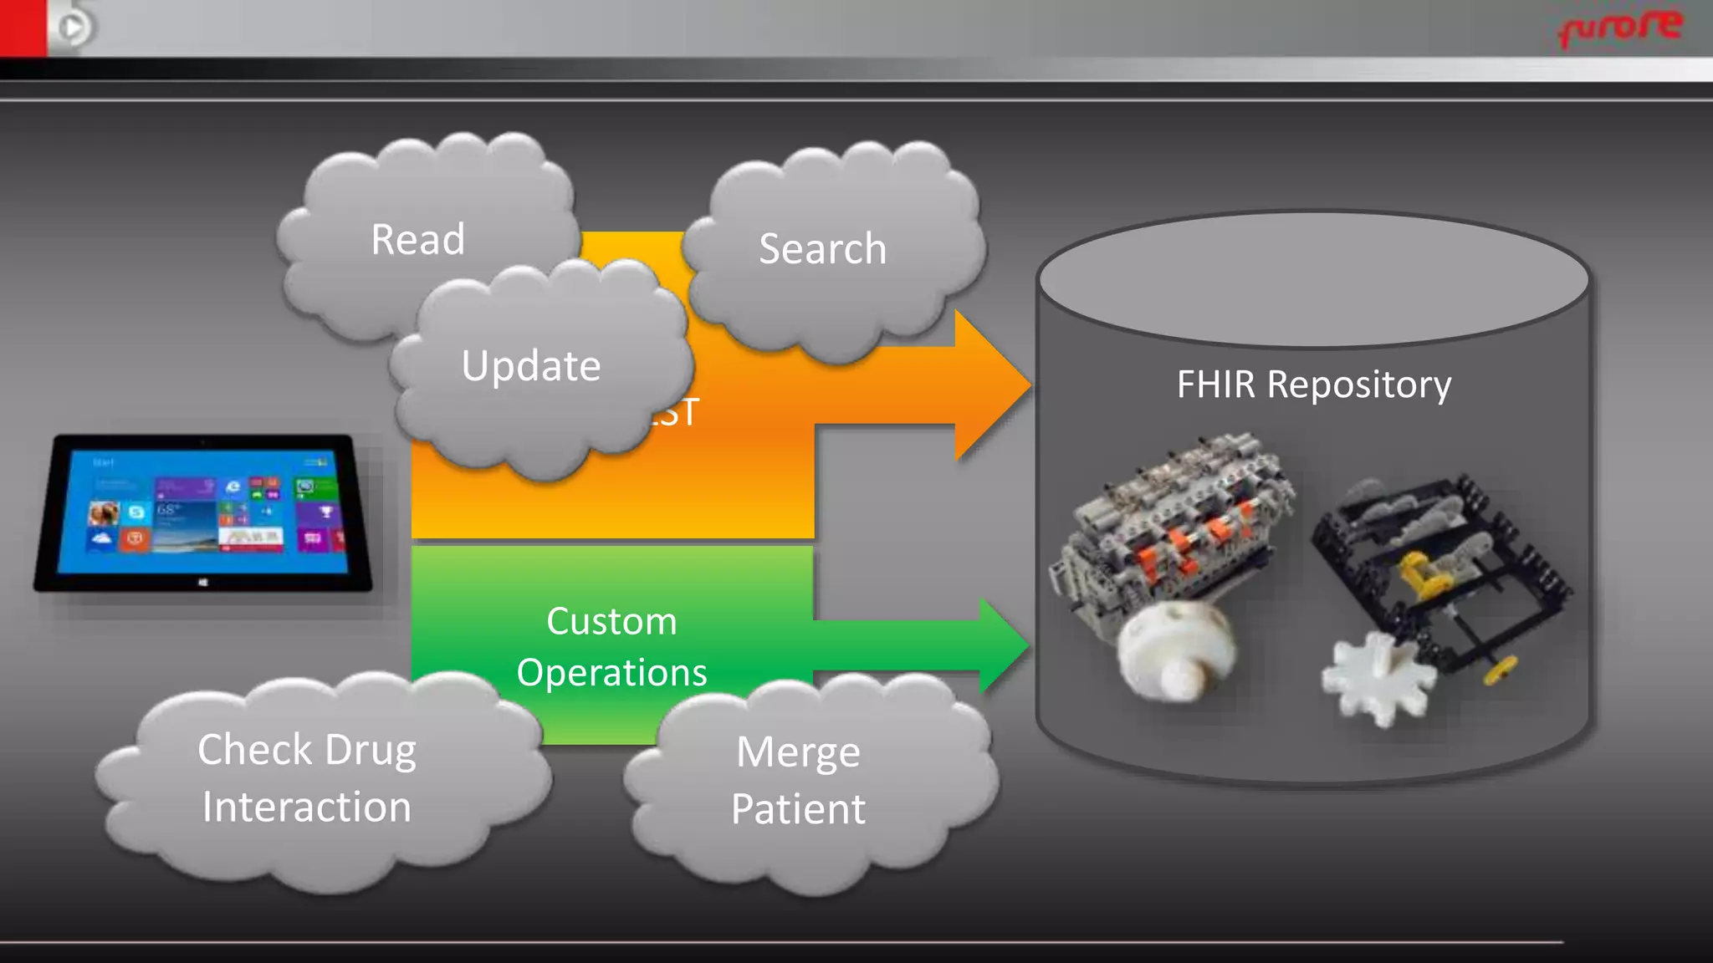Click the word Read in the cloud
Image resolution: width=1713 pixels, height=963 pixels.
point(417,240)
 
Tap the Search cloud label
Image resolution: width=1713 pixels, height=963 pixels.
point(822,249)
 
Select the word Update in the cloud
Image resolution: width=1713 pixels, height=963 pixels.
point(531,366)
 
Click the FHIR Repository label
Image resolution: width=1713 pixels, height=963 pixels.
point(1313,385)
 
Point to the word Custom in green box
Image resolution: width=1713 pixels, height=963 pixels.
point(611,622)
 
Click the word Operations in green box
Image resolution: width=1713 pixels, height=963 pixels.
point(611,673)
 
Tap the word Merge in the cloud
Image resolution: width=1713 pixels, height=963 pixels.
point(798,752)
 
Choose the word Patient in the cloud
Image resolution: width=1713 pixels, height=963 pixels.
point(798,809)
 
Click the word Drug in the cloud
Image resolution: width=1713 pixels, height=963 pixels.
point(370,750)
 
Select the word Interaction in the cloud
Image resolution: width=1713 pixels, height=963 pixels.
point(306,808)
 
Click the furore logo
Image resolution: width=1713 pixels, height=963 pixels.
point(1619,27)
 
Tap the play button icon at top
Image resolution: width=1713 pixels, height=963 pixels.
point(73,28)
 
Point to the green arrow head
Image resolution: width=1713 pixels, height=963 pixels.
point(1004,644)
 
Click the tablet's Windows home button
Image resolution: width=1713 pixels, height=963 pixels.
point(203,582)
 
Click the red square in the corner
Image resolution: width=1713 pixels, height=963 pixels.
point(23,27)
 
